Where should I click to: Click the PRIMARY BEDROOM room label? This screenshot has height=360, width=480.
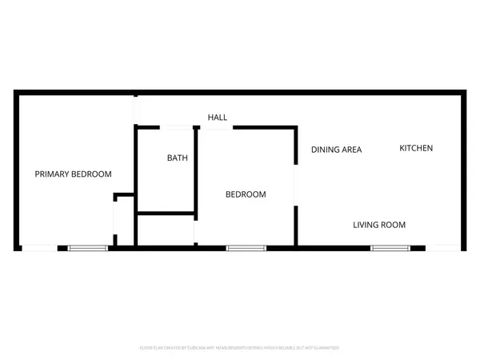tap(73, 174)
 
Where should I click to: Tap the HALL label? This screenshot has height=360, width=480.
tap(218, 118)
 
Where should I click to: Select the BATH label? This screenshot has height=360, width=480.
tap(177, 158)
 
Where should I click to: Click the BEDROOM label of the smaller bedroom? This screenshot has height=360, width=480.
tap(246, 194)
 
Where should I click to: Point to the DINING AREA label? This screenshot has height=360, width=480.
tap(336, 150)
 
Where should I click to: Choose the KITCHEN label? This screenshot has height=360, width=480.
tap(416, 148)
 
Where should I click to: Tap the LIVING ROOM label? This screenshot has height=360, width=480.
tap(379, 225)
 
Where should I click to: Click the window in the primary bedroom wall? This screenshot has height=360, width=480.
tap(87, 248)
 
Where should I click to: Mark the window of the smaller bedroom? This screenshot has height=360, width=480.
tap(246, 248)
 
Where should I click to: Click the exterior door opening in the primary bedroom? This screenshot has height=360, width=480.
tap(38, 248)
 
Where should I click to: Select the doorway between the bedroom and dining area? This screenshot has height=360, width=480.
tap(296, 185)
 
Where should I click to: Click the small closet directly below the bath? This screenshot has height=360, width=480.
tap(166, 230)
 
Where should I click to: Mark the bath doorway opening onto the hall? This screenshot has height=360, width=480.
tap(179, 126)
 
